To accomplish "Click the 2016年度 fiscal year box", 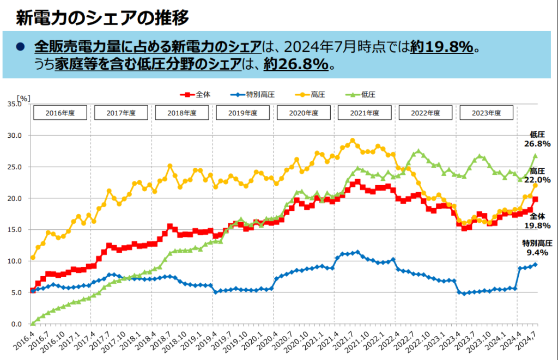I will click(x=60, y=113).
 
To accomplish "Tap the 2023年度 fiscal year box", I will click(x=487, y=113).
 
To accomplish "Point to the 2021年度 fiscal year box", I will click(x=365, y=113).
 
